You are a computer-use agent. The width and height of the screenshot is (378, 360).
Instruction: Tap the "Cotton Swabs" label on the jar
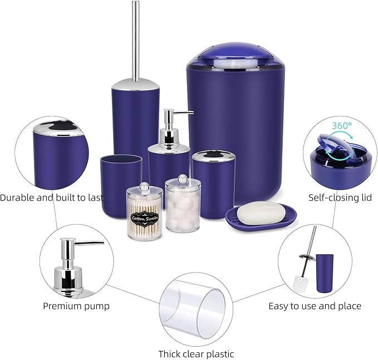pyautogui.click(x=145, y=218)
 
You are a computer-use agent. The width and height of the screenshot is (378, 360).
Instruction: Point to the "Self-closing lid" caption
pyautogui.click(x=340, y=197)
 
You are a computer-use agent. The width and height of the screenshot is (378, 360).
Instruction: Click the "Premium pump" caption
pyautogui.click(x=76, y=306)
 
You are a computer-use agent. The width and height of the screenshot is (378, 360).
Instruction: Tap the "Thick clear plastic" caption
pyautogui.click(x=196, y=354)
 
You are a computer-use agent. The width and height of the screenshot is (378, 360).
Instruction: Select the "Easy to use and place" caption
pyautogui.click(x=315, y=306)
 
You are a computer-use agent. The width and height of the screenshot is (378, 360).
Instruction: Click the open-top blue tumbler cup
pyautogui.click(x=121, y=185)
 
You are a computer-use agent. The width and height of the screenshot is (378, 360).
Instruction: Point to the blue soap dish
pyautogui.click(x=261, y=220)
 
